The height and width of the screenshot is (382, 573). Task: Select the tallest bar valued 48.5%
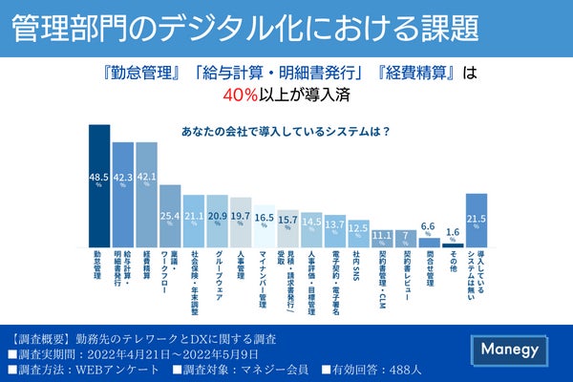point(99,186)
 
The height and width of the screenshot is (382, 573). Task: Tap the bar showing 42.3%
point(123,195)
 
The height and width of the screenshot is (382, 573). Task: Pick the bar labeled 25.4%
point(170,217)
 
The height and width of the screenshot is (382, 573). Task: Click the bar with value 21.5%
point(477,221)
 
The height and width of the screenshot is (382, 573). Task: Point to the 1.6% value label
point(453,232)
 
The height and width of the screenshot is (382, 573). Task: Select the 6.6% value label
point(430,225)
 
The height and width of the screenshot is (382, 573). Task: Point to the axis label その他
point(453,264)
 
